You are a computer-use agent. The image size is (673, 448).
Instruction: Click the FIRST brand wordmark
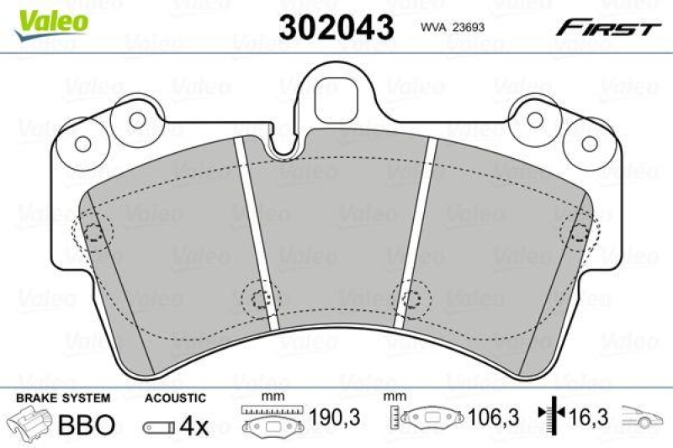click(x=606, y=28)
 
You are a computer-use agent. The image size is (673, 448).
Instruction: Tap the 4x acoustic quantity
click(x=195, y=426)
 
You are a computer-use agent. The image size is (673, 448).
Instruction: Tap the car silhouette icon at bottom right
click(x=641, y=416)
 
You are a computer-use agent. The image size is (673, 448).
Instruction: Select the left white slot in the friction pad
click(x=257, y=234)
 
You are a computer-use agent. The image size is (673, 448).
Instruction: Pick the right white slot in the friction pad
click(x=416, y=234)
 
